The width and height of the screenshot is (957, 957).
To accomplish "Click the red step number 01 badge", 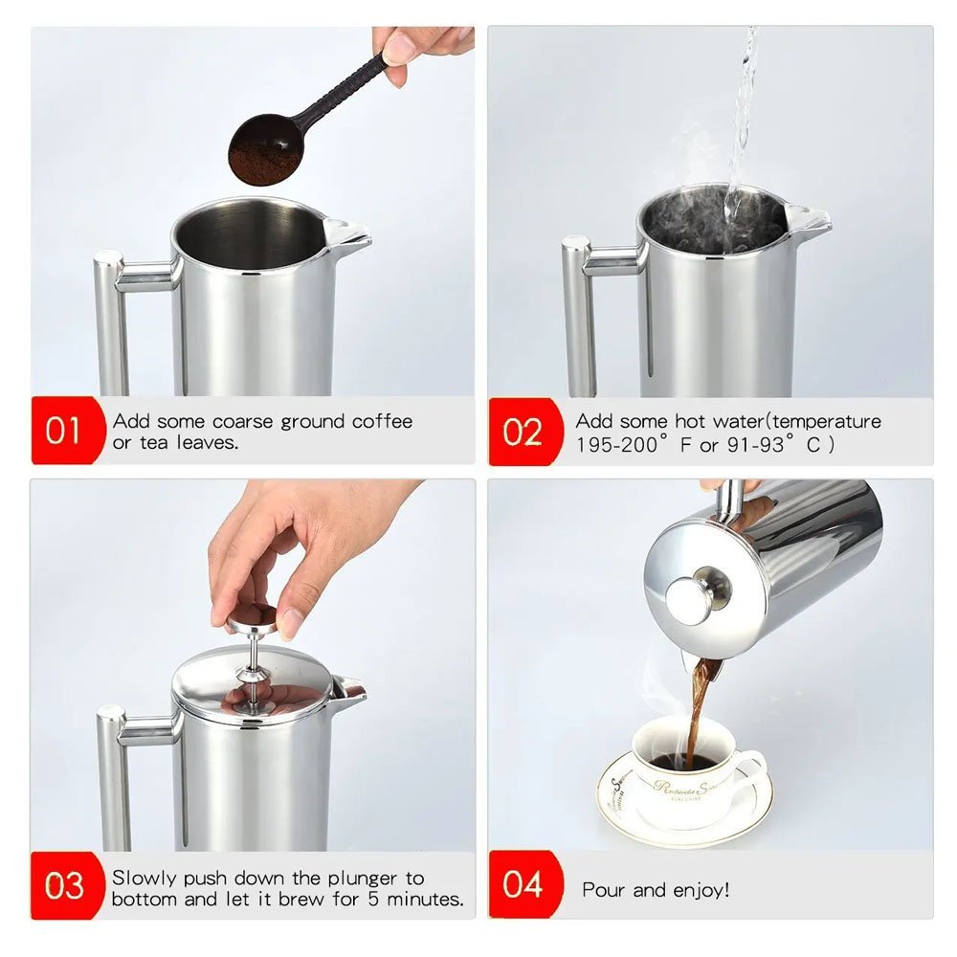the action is tap(67, 431).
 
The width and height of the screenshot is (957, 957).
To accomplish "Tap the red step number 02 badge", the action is tap(524, 432).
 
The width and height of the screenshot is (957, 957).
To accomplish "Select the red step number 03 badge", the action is tap(67, 885).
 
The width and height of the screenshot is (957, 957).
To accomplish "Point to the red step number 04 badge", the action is tap(524, 883).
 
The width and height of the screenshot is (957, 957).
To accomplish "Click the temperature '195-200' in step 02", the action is tap(616, 445).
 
